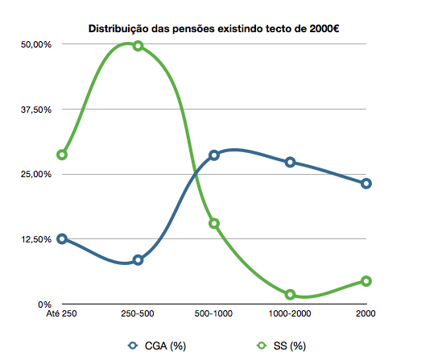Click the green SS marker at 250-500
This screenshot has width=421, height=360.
pos(138,46)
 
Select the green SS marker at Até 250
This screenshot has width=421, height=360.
pos(62,155)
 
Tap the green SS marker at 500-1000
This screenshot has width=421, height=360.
pos(214,223)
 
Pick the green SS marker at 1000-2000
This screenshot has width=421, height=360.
pos(290,295)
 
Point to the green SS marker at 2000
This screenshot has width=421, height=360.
pos(366,281)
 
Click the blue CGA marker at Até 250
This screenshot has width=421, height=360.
pos(62,239)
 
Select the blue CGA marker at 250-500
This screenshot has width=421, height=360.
pos(138,260)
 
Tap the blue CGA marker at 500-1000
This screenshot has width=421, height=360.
pos(214,155)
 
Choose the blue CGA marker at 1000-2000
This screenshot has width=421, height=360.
pos(290,163)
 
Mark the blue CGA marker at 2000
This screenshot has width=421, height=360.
pos(366,184)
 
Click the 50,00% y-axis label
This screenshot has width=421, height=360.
pos(35,44)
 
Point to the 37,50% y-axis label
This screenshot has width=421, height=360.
pos(35,110)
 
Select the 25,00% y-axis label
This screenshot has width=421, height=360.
pos(35,175)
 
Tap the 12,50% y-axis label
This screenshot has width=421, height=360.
pos(35,240)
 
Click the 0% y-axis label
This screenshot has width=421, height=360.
pos(43,304)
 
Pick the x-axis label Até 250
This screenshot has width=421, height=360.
pos(62,313)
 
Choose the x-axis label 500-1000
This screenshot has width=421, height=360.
pos(214,313)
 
